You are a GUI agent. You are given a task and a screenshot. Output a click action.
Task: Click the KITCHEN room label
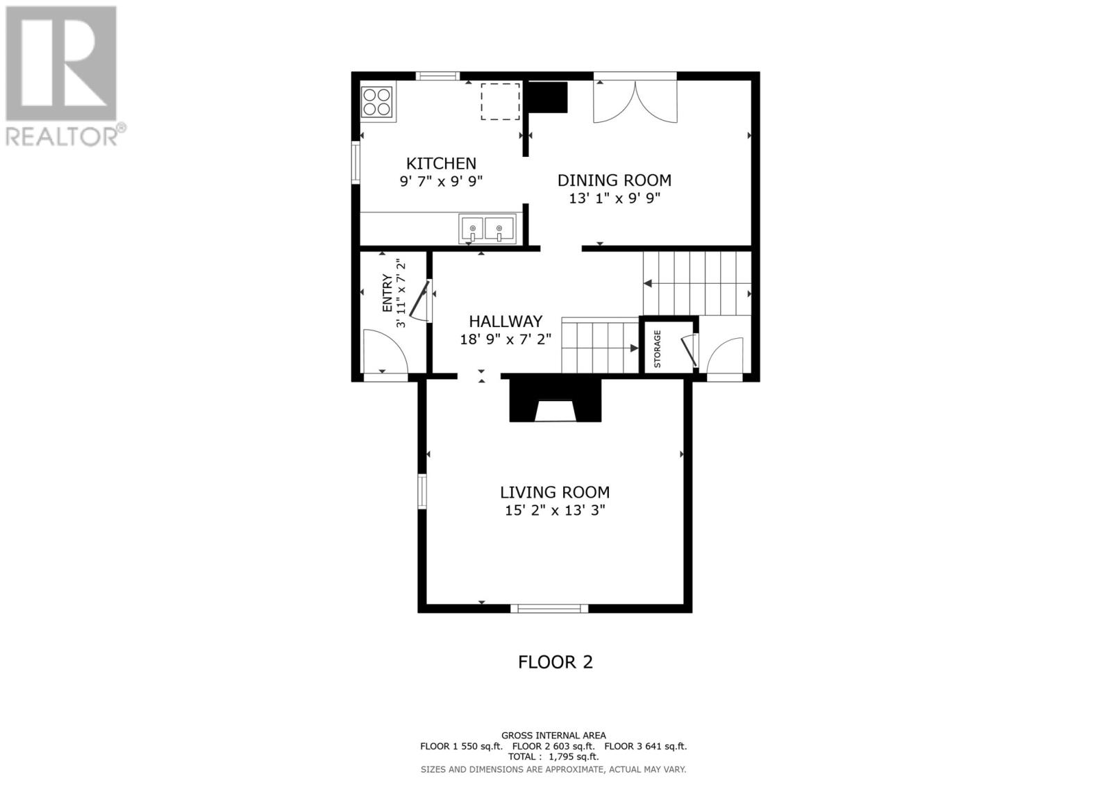click(441, 163)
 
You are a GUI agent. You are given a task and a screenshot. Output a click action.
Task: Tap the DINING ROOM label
click(615, 180)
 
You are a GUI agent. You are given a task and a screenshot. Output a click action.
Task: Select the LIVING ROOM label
click(555, 492)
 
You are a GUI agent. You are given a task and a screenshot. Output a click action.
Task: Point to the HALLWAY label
click(506, 321)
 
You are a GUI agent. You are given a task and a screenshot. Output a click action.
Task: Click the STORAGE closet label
click(658, 348)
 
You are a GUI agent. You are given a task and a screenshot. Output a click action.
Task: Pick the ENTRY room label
click(387, 293)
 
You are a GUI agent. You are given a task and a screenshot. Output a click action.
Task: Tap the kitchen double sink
click(487, 228)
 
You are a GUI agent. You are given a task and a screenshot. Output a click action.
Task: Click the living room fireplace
click(555, 400)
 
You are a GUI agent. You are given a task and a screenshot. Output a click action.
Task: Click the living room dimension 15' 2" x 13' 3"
click(555, 509)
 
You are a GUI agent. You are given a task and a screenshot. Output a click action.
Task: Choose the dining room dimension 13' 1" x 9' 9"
click(615, 199)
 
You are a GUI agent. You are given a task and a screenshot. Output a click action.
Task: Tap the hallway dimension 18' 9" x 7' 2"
click(506, 339)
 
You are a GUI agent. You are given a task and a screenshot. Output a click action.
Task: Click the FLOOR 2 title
click(555, 662)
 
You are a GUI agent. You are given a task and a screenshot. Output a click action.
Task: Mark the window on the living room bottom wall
click(549, 609)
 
